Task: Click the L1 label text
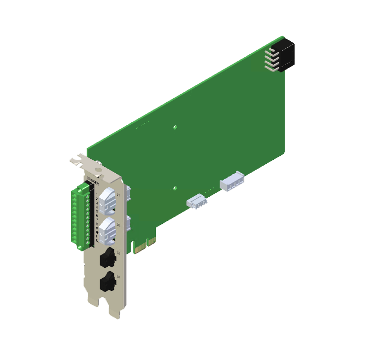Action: pos(118,195)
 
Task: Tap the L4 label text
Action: pos(118,278)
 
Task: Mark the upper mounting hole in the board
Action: pos(175,127)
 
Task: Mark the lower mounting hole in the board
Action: pos(175,188)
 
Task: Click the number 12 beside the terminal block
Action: pos(97,241)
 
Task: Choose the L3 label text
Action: pos(118,252)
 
